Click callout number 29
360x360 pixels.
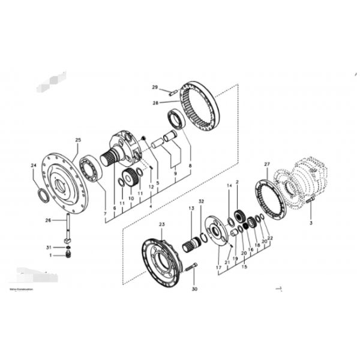pos(154,88)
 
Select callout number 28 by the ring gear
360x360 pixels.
pos(155,103)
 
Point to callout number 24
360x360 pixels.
pos(34,164)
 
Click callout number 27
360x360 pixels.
pos(267,164)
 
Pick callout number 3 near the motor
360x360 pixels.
pos(311,223)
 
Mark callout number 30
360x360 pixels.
pos(194,289)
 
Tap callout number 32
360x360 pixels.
pos(202,202)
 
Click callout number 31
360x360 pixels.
pos(49,247)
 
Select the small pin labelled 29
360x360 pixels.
pos(173,91)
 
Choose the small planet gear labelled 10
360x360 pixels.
pos(127,178)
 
